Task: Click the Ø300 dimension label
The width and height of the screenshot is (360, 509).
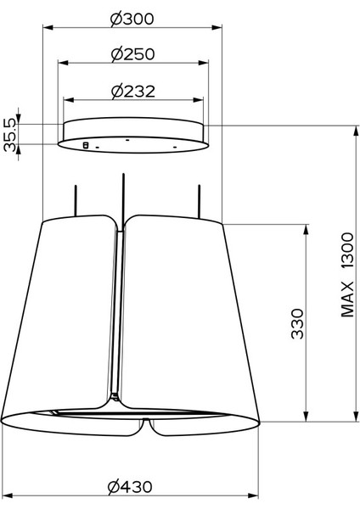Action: [132, 20]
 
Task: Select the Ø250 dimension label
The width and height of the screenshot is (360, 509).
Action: [132, 54]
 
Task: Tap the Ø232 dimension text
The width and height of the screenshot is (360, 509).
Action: [133, 92]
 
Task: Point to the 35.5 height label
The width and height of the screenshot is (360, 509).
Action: [9, 135]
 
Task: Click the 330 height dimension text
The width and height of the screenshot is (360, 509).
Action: [297, 324]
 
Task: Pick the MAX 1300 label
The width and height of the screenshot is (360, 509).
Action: [347, 275]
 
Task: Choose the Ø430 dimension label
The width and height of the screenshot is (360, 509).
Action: [130, 487]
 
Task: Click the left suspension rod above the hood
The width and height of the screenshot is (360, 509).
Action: [76, 200]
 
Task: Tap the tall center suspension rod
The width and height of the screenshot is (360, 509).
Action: [123, 200]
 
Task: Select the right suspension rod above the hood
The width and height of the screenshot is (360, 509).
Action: [199, 201]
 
